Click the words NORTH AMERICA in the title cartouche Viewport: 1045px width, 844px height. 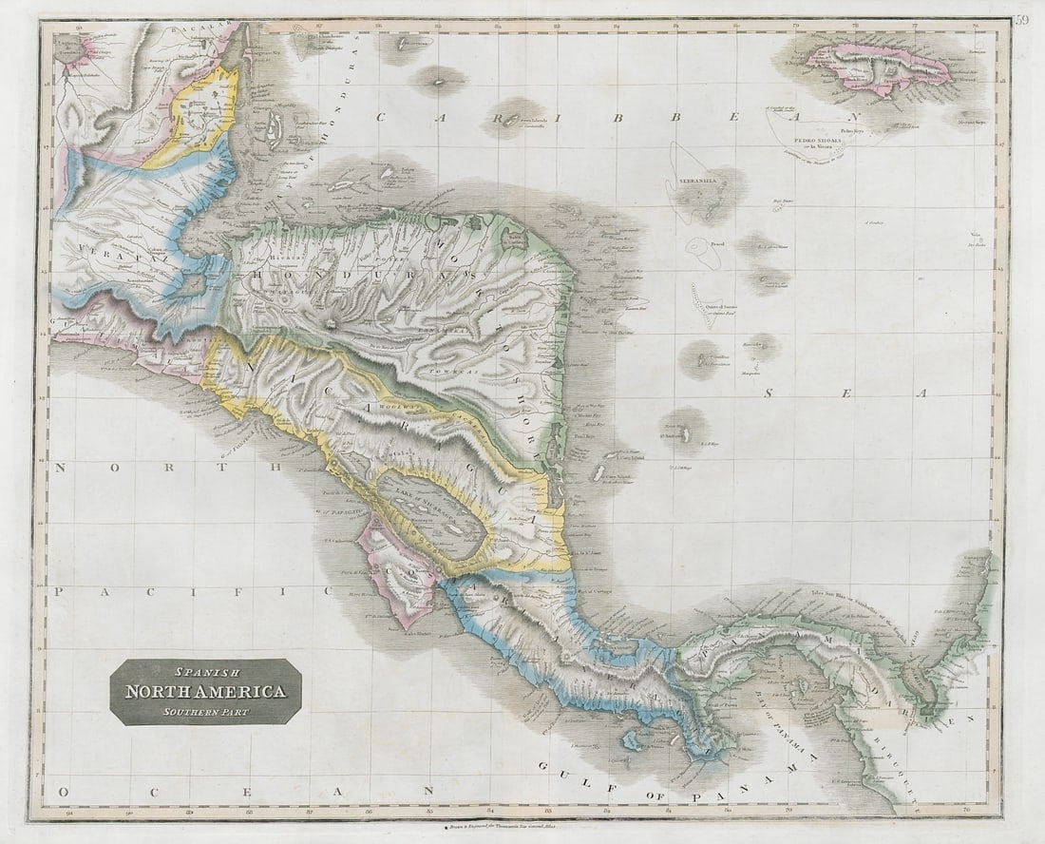tap(205, 692)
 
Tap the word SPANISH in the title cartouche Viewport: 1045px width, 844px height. tap(205, 673)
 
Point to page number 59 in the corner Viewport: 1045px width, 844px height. tap(1021, 20)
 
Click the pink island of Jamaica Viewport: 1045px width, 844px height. tap(879, 68)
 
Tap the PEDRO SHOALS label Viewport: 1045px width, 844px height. tap(832, 135)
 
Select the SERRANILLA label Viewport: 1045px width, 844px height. tap(698, 180)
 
